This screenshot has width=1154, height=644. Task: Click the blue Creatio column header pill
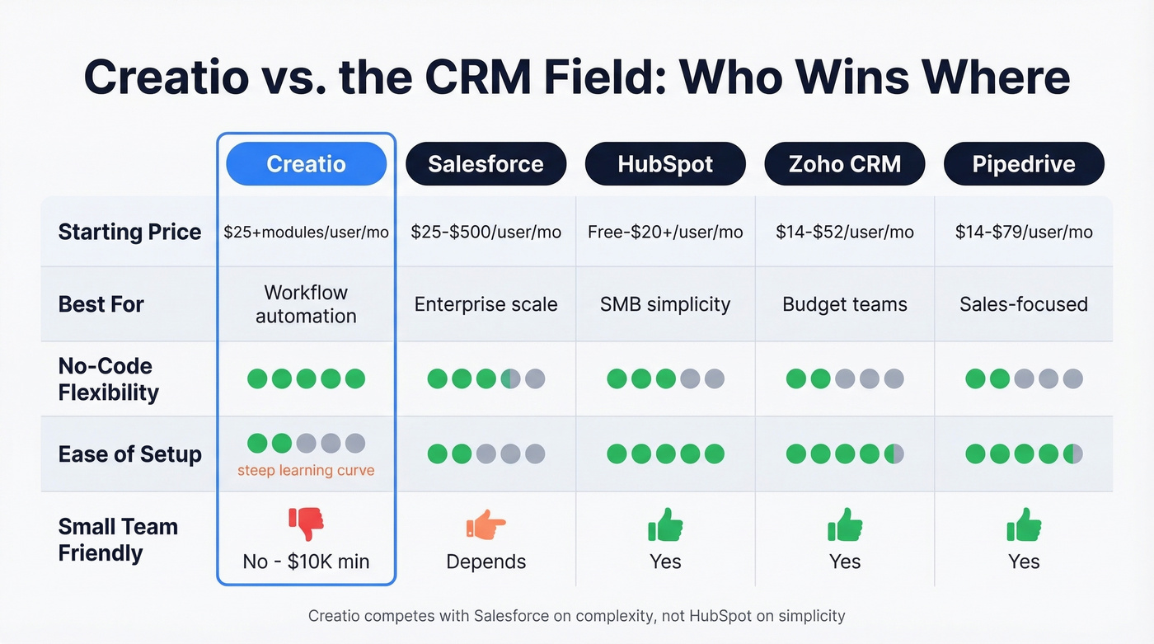(306, 163)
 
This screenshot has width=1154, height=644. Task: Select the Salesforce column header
(486, 163)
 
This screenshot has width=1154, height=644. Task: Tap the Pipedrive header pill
(1024, 163)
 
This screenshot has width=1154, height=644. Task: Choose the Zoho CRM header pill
(845, 163)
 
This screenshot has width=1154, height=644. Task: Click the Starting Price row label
(129, 232)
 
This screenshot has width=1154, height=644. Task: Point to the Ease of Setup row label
(129, 454)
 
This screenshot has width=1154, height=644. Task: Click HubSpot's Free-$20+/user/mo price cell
(665, 232)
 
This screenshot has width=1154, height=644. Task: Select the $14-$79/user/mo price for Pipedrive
(1024, 232)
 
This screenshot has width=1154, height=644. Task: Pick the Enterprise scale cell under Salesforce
(486, 304)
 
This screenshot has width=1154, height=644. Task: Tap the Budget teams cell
(845, 304)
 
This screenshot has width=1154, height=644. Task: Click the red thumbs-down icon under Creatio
(306, 524)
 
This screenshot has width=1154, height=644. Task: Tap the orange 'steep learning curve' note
(306, 471)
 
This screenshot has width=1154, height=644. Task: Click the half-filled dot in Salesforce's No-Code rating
(510, 378)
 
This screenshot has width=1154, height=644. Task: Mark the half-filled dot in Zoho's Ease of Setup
(894, 454)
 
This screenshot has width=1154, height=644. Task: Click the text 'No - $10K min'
(306, 562)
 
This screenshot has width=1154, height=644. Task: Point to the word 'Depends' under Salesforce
(486, 562)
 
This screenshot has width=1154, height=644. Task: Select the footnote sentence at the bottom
(576, 616)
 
